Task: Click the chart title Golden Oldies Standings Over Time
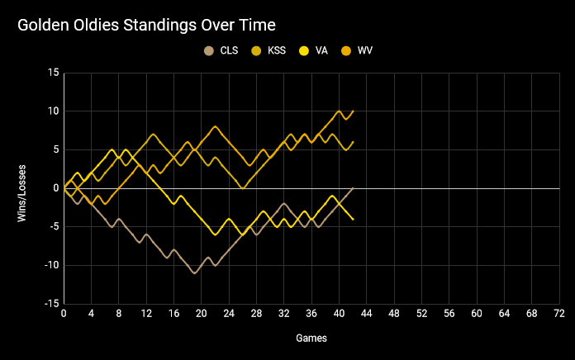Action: [147, 26]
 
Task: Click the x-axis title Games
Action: [311, 339]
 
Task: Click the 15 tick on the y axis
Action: [53, 73]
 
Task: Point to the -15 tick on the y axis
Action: [51, 304]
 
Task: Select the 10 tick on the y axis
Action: [53, 111]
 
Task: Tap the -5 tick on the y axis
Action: [53, 227]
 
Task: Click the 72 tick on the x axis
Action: [558, 315]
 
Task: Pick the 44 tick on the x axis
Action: [366, 315]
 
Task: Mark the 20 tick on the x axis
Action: [202, 315]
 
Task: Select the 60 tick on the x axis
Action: [477, 315]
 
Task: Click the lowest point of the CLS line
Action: [194, 272]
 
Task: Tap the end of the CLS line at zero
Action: [353, 188]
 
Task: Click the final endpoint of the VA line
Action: [353, 219]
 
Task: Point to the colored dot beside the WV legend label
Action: [346, 50]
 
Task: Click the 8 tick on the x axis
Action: [119, 315]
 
